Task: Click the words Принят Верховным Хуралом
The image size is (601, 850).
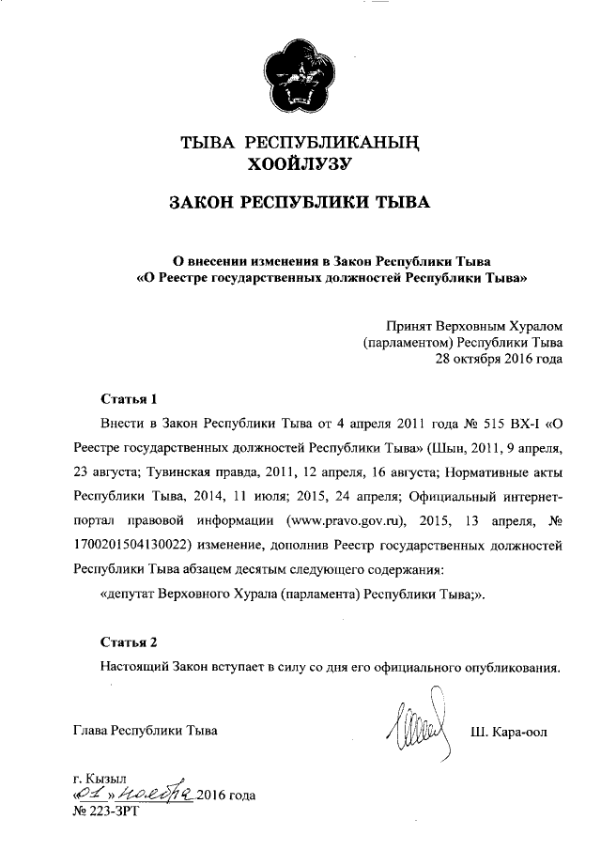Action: pyautogui.click(x=481, y=325)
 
